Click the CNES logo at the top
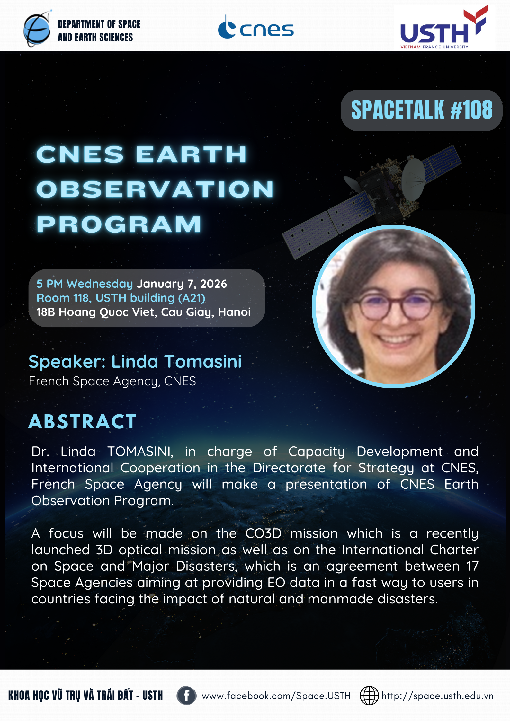coord(256,27)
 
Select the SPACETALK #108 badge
coord(421,110)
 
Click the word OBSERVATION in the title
coord(155,189)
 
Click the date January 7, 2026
coord(182,284)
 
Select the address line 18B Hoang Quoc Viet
coord(143,312)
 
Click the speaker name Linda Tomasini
coord(176,362)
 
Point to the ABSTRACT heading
coord(82,421)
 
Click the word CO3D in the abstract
coord(263,533)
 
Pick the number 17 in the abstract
coord(472,566)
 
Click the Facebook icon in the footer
coord(186,696)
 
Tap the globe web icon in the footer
coord(369,696)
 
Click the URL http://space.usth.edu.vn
coord(437,696)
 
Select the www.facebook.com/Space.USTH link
coord(276,696)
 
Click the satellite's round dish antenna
coord(413,180)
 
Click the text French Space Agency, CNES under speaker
coord(112,381)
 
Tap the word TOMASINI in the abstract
coord(140,452)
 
